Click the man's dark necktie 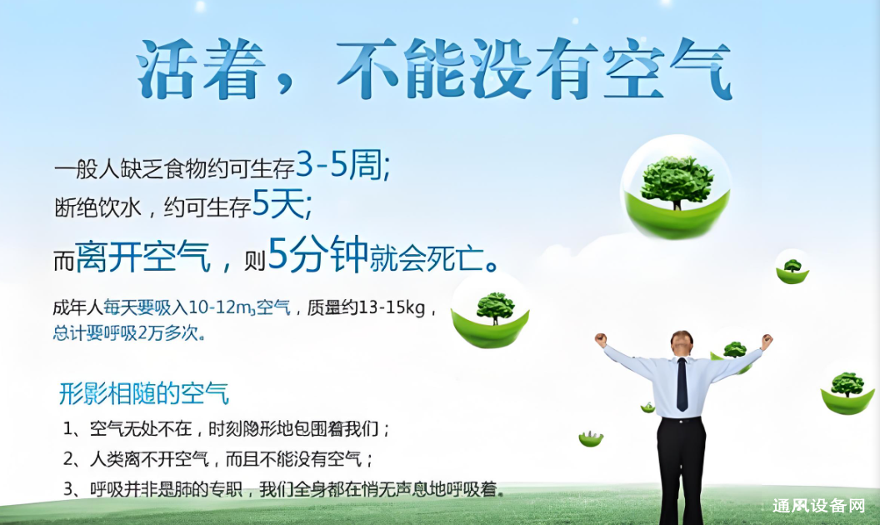click(682, 385)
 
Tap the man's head click(682, 341)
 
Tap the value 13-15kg click(392, 307)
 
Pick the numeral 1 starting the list click(70, 430)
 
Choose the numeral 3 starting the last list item click(70, 488)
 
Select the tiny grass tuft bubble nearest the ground click(591, 438)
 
